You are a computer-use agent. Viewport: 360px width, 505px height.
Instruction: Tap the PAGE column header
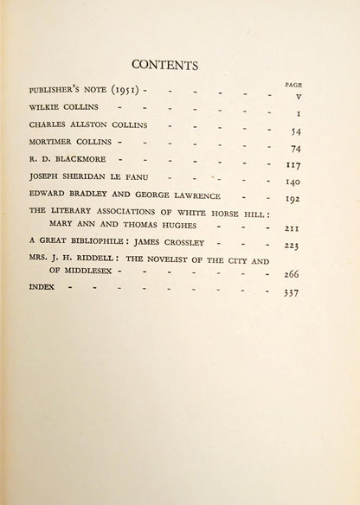coord(294,84)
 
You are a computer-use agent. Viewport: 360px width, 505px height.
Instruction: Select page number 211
coord(292,229)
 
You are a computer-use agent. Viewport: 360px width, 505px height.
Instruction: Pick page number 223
coord(292,246)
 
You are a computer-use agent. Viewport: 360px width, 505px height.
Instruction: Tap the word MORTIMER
coord(50,142)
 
